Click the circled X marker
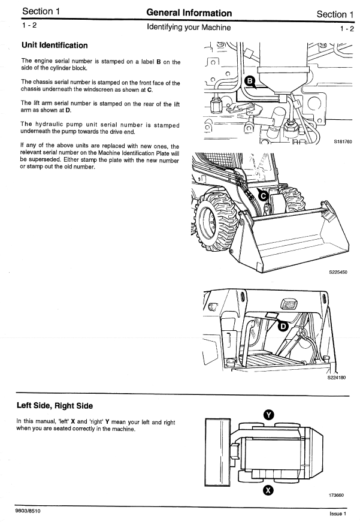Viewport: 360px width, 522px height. pyautogui.click(x=268, y=490)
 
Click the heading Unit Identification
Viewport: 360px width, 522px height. pyautogui.click(x=55, y=46)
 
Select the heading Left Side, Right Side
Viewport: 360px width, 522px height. pyautogui.click(x=55, y=406)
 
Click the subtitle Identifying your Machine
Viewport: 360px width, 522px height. pyautogui.click(x=189, y=28)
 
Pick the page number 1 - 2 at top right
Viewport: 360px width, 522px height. pyautogui.click(x=346, y=28)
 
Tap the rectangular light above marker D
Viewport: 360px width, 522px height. pyautogui.click(x=289, y=304)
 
